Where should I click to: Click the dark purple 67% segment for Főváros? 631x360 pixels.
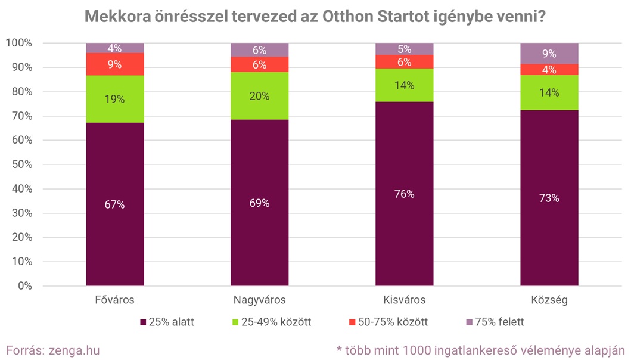click(x=114, y=204)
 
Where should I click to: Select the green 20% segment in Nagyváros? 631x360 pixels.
click(x=259, y=95)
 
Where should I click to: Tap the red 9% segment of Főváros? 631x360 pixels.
click(x=114, y=64)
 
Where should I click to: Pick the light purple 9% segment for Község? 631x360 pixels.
click(x=549, y=53)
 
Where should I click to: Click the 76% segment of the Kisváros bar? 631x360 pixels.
click(x=404, y=194)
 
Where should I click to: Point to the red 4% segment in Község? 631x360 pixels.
click(x=549, y=70)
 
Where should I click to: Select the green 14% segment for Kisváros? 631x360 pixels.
click(x=404, y=85)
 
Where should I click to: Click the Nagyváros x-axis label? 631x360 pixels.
click(x=259, y=299)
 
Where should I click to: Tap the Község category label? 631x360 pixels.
click(x=549, y=299)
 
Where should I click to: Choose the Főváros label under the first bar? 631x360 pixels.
click(x=114, y=299)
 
